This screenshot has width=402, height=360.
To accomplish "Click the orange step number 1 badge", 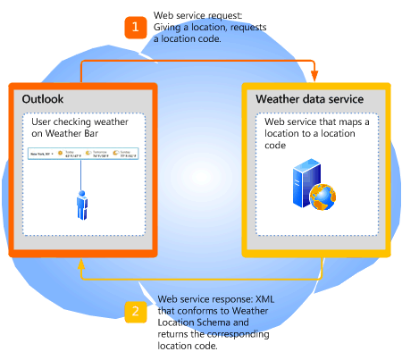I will (x=135, y=28).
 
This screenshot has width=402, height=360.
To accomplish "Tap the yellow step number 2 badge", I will (x=135, y=311).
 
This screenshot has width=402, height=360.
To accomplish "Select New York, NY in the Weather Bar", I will (x=38, y=153).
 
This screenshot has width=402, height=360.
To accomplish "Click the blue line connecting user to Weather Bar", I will (x=81, y=176).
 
